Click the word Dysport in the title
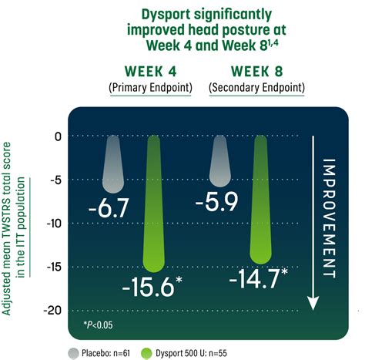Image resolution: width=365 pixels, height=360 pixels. click(x=162, y=13)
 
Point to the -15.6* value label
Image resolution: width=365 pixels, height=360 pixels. click(x=152, y=288)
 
